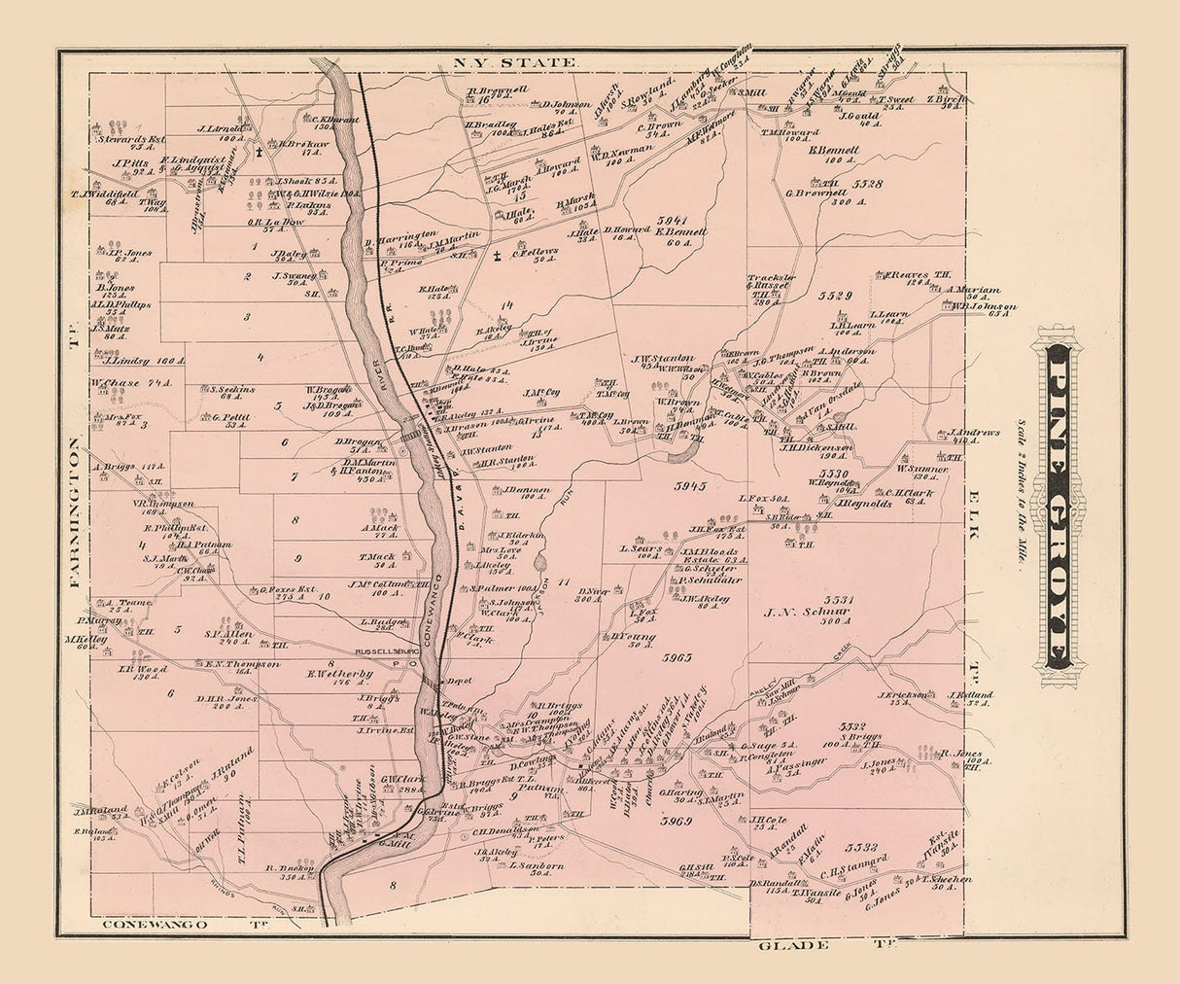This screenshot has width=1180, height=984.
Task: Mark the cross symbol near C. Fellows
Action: tap(497, 258)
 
